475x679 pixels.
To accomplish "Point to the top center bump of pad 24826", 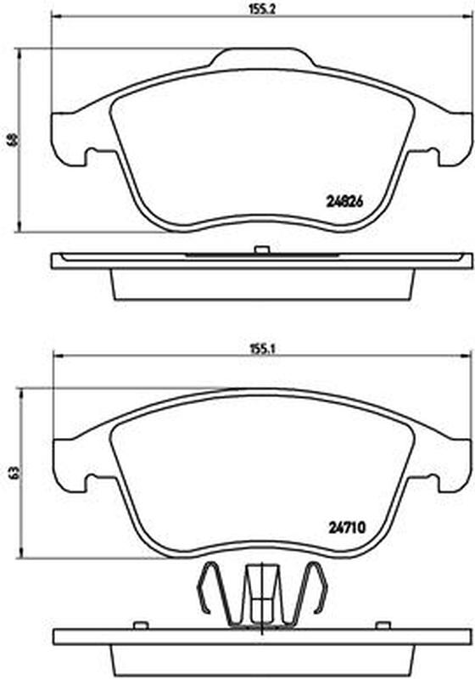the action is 262,57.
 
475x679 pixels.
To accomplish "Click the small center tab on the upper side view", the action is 262,250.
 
